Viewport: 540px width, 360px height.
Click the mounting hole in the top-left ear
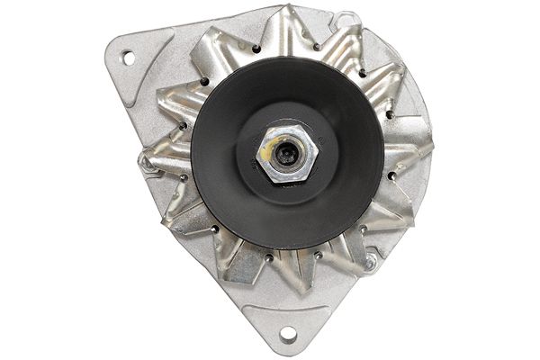point(127,58)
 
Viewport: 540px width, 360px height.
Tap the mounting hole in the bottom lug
point(288,334)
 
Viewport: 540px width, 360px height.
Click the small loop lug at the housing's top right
point(345,18)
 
